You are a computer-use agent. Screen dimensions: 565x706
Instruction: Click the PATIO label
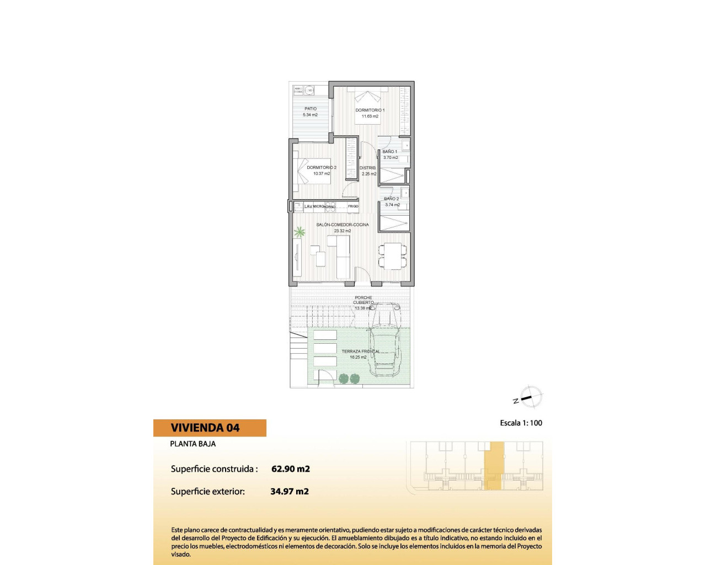click(x=311, y=109)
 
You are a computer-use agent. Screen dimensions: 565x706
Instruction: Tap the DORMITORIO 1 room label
click(x=370, y=110)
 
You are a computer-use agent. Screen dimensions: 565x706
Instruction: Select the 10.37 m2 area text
click(x=322, y=174)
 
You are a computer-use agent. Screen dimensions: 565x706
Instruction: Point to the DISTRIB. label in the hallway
click(x=368, y=168)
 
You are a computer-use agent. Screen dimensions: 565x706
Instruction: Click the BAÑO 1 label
click(x=390, y=152)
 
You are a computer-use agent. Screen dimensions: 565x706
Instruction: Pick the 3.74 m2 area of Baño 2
click(x=393, y=205)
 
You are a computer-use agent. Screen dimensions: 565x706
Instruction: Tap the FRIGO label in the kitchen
click(x=353, y=206)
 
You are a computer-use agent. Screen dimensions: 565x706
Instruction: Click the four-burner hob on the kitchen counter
click(x=330, y=207)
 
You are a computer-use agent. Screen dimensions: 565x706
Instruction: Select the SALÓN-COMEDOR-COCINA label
click(x=343, y=225)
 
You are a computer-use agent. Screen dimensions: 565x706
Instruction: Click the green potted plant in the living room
click(x=299, y=232)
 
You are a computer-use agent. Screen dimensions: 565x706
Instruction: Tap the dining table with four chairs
click(x=393, y=256)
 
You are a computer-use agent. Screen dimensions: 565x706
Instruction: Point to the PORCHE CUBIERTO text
click(x=363, y=300)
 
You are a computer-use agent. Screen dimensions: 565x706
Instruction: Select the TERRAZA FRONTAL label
click(x=360, y=351)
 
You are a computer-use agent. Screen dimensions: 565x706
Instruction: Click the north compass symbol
click(x=531, y=397)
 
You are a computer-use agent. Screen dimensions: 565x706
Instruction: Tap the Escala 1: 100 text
click(x=521, y=423)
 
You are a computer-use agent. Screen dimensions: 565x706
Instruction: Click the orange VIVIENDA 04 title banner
click(x=210, y=428)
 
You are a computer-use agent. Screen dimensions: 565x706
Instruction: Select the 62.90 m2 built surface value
click(x=291, y=469)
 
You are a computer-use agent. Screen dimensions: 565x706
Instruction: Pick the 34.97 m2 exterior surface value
click(x=290, y=492)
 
